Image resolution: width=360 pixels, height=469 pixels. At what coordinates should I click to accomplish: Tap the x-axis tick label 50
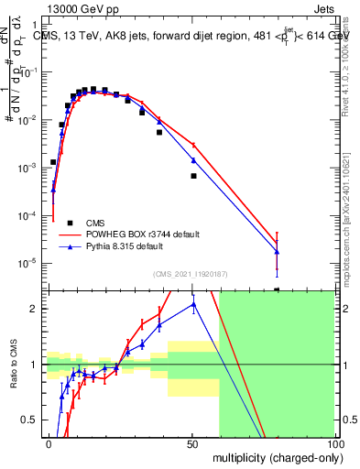(x=191, y=443)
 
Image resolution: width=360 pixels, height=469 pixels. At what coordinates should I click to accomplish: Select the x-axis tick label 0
(x=49, y=443)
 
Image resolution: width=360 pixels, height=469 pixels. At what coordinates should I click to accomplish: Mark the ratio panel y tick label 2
(x=35, y=309)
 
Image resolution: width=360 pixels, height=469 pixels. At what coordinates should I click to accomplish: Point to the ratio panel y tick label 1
(x=35, y=365)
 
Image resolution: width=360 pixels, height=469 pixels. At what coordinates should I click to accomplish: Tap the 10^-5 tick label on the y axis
(x=29, y=264)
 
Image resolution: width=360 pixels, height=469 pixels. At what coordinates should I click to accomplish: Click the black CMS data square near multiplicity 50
(x=193, y=175)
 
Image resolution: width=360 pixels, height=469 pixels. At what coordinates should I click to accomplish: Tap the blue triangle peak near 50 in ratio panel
(x=193, y=304)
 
